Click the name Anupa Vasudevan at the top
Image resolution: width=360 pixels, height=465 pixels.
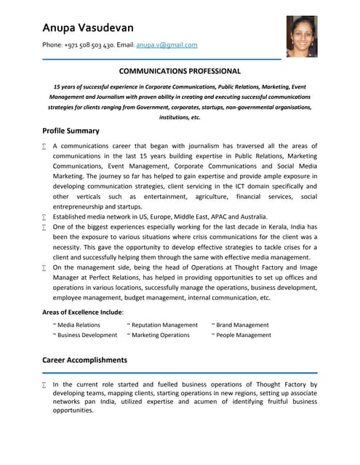click(88, 28)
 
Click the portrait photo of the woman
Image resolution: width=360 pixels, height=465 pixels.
click(301, 36)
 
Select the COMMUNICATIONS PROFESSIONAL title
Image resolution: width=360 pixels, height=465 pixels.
click(180, 71)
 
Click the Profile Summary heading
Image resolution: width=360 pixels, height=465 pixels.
click(71, 131)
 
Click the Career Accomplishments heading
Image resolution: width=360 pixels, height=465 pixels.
click(84, 360)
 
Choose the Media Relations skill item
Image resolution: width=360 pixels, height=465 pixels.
click(79, 325)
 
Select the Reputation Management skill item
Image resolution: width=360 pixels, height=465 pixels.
click(164, 325)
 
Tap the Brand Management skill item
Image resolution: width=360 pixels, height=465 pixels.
click(242, 325)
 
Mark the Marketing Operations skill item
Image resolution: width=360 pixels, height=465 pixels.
click(160, 335)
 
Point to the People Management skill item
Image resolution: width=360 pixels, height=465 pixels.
click(244, 335)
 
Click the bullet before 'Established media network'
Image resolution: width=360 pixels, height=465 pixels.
click(45, 217)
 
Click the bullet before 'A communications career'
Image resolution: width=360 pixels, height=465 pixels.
click(45, 147)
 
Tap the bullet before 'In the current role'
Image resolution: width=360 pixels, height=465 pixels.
click(45, 385)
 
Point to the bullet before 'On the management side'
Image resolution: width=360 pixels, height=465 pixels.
click(45, 268)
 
